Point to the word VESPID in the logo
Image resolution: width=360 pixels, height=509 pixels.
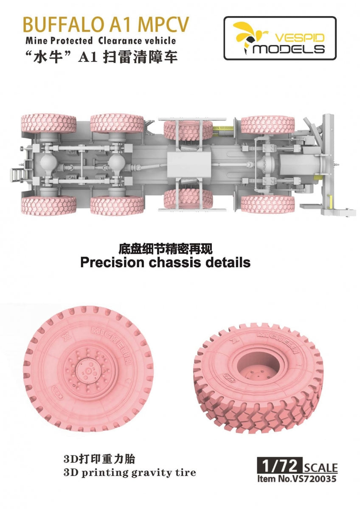pyautogui.click(x=300, y=37)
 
